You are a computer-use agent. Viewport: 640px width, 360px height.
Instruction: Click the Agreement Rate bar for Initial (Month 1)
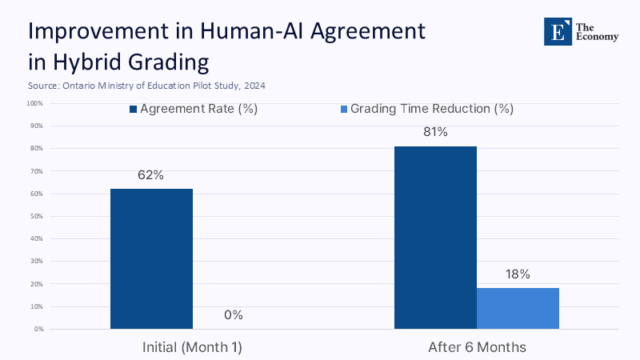pos(151,258)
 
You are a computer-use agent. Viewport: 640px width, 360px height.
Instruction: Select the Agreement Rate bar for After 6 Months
pos(436,238)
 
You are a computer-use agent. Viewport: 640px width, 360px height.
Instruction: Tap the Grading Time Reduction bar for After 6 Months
pos(518,308)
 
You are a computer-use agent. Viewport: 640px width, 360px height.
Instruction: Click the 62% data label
pos(151,175)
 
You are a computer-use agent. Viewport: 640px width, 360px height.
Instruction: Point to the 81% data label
pos(435,132)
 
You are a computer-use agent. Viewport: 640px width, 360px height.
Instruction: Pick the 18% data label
pos(518,274)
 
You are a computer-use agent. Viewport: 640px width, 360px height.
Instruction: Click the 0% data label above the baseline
pos(233,315)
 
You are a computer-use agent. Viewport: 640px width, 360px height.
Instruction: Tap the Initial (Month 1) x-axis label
pos(192,347)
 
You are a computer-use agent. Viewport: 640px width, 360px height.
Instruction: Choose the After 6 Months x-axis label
pos(477,347)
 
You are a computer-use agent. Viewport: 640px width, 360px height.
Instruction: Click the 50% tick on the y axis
pos(36,216)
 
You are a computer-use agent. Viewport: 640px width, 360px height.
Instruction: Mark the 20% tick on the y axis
pos(36,284)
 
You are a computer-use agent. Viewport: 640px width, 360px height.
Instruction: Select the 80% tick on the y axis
pos(36,149)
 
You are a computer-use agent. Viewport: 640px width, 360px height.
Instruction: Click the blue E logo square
pos(557,31)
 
